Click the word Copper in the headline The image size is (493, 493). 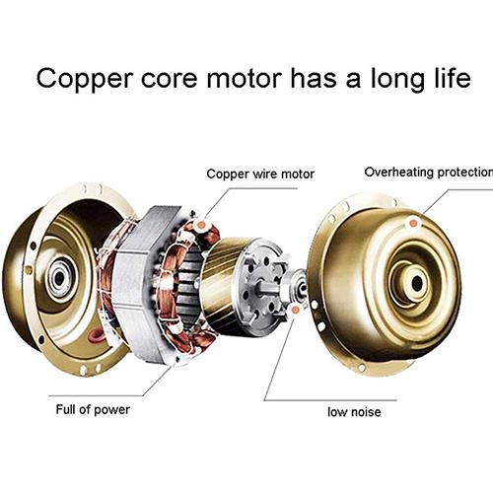pos(85,79)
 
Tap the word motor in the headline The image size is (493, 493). pos(245,78)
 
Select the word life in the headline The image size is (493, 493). pos(453,77)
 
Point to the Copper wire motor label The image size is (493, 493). pos(260,174)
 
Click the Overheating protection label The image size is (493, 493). pos(429,172)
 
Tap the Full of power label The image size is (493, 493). pos(93,409)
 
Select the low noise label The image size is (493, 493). pos(354,411)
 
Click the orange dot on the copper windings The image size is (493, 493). pos(201,225)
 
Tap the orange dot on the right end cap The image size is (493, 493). pos(413,224)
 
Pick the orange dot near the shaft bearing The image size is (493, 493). pos(295,310)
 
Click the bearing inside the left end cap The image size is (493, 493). pos(59,278)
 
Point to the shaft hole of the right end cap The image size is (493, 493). pos(417,283)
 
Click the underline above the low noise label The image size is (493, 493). pos(330,400)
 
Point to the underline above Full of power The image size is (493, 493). pos(96,395)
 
